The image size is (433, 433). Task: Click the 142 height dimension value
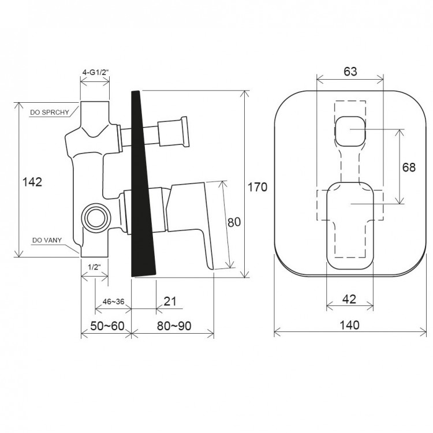pyautogui.click(x=32, y=182)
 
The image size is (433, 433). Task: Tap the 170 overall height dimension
pyautogui.click(x=257, y=187)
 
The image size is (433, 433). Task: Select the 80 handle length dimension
pyautogui.click(x=234, y=222)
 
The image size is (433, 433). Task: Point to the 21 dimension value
pyautogui.click(x=170, y=301)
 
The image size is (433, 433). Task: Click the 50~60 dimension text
pyautogui.click(x=107, y=326)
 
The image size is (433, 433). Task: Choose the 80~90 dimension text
pyautogui.click(x=174, y=326)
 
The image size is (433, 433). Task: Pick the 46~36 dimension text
pyautogui.click(x=113, y=301)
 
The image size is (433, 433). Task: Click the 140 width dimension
pyautogui.click(x=349, y=325)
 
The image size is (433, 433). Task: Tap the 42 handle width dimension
pyautogui.click(x=349, y=299)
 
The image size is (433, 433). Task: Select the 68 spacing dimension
pyautogui.click(x=409, y=167)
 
